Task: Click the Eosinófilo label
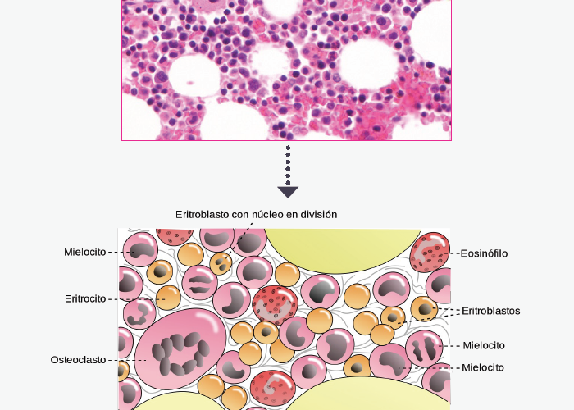point(485,253)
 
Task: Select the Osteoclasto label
point(78,360)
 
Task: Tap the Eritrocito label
point(85,299)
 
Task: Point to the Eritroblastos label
point(491,311)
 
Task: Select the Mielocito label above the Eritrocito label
point(85,252)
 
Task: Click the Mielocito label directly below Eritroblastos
point(484,345)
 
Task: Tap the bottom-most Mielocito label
point(483,367)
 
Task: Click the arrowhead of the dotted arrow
point(288,193)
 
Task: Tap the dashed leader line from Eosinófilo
point(453,253)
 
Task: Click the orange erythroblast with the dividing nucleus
point(220,262)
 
